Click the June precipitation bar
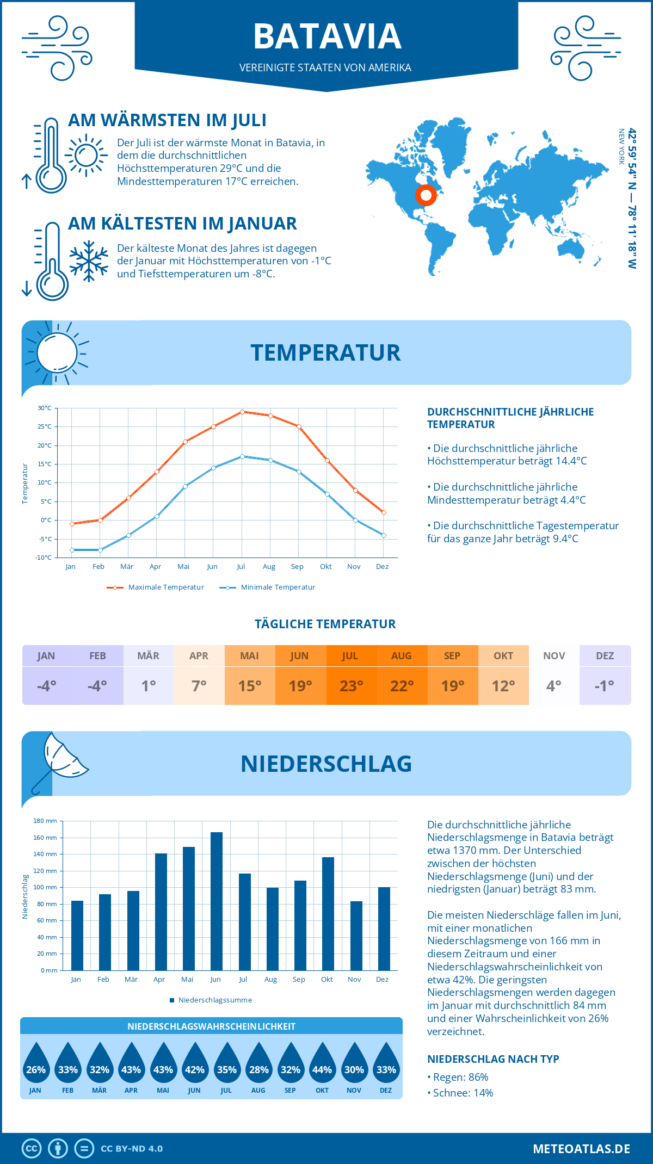coord(216,901)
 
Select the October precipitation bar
coord(328,914)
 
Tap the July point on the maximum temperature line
coord(242,412)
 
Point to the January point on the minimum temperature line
coord(72,550)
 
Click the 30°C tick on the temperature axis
coord(45,408)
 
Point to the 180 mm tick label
coord(46,821)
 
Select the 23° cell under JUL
coord(351,686)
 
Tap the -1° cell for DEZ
coord(605,686)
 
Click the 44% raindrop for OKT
coord(322,1064)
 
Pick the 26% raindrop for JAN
coord(36,1064)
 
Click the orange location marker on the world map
coord(426,195)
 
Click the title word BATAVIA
coord(327,36)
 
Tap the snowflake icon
coord(89,261)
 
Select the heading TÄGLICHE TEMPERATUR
coord(325,624)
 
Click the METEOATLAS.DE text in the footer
coord(581,1149)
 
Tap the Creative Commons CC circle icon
coord(32,1149)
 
